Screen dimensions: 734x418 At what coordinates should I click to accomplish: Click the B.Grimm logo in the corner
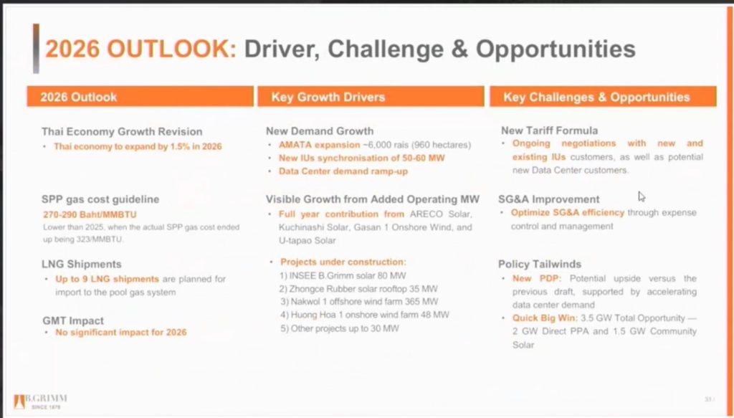[x=40, y=401]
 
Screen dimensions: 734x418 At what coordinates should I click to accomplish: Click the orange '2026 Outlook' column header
[x=140, y=96]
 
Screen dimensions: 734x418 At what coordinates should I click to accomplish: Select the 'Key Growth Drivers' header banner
[x=371, y=96]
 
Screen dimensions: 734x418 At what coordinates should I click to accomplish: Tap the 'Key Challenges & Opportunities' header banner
[x=603, y=96]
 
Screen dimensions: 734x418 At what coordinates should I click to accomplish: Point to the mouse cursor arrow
[x=642, y=196]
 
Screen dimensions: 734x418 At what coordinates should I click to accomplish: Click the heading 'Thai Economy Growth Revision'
[x=122, y=131]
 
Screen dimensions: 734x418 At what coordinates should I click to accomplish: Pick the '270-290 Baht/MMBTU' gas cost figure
[x=90, y=214]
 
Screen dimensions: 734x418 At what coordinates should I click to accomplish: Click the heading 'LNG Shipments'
[x=82, y=264]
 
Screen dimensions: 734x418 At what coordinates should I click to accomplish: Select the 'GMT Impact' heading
[x=73, y=320]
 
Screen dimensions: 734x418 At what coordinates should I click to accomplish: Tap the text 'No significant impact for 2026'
[x=120, y=333]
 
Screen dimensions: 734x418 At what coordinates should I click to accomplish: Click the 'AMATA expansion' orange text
[x=319, y=145]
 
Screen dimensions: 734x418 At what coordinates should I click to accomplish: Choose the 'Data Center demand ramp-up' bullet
[x=343, y=171]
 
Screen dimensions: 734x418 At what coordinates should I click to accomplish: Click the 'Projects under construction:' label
[x=343, y=262]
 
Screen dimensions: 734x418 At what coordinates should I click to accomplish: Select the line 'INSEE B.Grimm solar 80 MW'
[x=343, y=276]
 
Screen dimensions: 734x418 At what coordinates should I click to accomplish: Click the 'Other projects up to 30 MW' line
[x=340, y=328]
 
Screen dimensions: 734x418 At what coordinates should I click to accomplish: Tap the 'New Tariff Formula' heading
[x=549, y=130]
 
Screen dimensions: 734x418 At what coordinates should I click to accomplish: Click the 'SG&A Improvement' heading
[x=548, y=199]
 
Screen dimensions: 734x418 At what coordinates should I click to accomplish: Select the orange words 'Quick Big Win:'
[x=545, y=318]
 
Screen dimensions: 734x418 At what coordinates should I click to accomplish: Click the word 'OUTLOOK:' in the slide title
[x=172, y=49]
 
